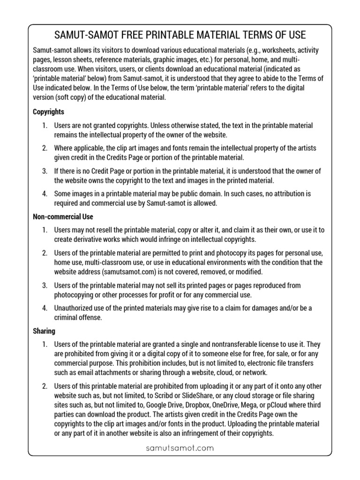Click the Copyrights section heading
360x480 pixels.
coord(48,112)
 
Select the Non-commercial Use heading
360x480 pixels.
coord(63,217)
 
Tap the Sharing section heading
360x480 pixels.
coord(44,330)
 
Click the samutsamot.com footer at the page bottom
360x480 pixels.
coord(180,448)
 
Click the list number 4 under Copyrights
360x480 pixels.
coord(45,194)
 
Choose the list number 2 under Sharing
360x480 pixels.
coord(45,386)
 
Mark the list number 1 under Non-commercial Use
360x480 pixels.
coord(45,230)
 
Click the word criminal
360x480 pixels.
coord(68,317)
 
